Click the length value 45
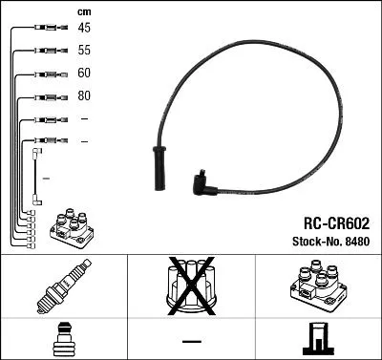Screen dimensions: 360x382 85,28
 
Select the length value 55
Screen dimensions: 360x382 85,51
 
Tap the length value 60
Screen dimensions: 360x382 85,74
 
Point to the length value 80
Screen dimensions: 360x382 85,96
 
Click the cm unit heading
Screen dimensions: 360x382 84,11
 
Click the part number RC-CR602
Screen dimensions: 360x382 329,222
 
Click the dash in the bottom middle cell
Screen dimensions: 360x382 192,340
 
